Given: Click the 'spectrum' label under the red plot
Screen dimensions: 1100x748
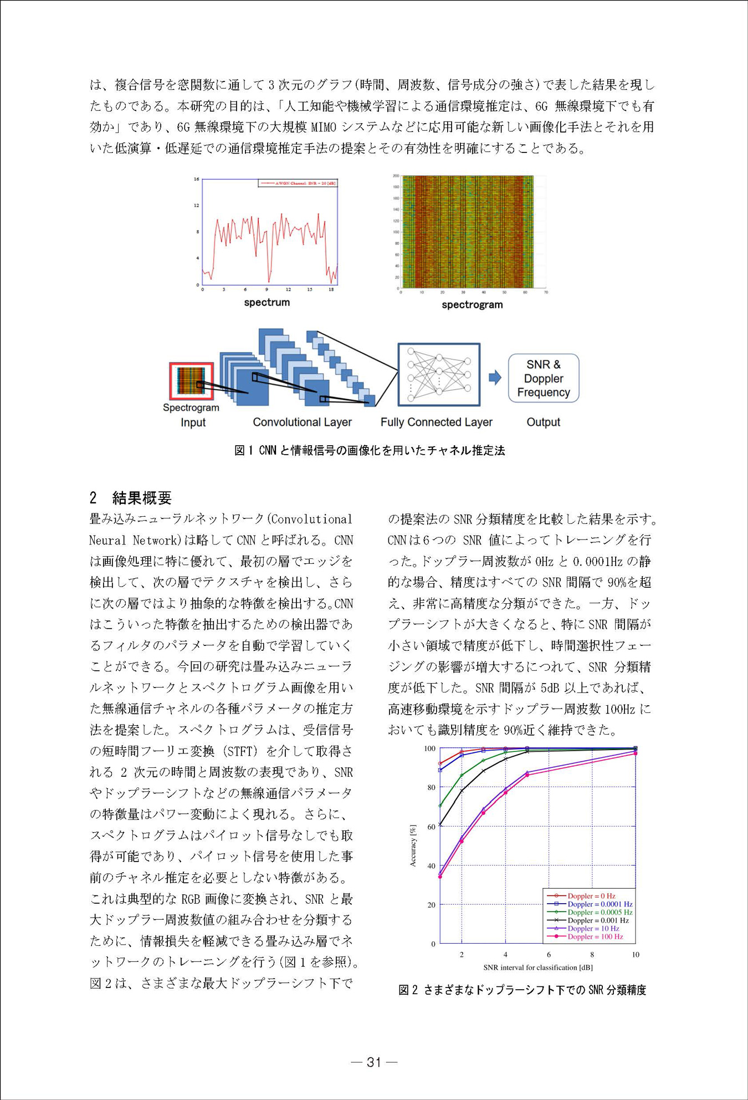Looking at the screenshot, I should (x=267, y=302).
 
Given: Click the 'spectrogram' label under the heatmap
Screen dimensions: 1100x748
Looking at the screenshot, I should (x=472, y=304).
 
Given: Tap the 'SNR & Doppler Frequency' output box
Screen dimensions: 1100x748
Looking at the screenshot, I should (x=543, y=378).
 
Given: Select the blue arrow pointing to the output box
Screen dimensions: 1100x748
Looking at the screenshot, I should (x=495, y=378).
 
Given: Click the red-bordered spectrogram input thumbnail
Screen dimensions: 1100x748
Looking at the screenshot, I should (x=191, y=381).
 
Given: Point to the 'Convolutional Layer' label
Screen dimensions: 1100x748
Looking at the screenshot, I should (x=302, y=422).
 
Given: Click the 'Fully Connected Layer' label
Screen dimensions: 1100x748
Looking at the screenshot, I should (x=436, y=422).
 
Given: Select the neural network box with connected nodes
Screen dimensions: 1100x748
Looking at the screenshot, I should (x=438, y=374).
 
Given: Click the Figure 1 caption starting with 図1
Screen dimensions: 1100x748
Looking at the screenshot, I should (x=370, y=450).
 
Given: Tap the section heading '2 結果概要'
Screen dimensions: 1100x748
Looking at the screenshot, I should (x=131, y=497).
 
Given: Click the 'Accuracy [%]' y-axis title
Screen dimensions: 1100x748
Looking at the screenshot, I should (x=412, y=845).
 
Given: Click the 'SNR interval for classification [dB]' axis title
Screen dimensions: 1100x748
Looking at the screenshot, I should (x=537, y=967).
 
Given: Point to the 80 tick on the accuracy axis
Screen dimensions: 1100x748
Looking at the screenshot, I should (x=431, y=787).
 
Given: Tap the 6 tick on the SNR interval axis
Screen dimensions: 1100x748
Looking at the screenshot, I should (x=549, y=954).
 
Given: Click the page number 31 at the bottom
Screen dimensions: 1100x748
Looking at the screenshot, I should (x=374, y=1062).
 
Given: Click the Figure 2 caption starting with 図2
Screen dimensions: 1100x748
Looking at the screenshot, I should (x=522, y=990).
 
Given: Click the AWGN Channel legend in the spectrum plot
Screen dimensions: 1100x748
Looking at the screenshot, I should (x=298, y=183).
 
